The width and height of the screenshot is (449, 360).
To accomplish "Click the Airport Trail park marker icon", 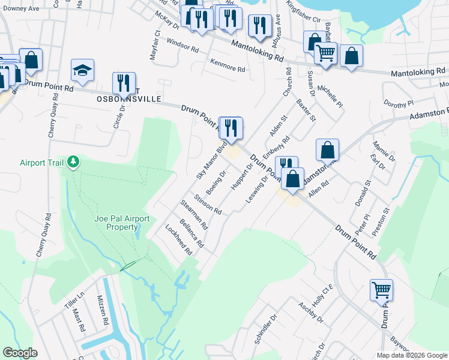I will [73, 162].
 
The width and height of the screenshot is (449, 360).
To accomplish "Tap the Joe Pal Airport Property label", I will [121, 223].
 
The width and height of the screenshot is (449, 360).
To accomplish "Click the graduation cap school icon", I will [82, 71].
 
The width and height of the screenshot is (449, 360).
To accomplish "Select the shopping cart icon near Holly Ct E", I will [382, 290].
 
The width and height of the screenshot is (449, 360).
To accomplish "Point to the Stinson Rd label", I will [208, 205].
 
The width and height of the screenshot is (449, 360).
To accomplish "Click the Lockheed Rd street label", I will [179, 240].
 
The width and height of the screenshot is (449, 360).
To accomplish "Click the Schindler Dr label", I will [265, 329].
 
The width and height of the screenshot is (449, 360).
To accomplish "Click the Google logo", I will [20, 353].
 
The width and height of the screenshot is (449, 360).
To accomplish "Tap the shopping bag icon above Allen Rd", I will [328, 150].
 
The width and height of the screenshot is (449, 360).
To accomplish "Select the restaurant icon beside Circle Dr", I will [124, 83].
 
